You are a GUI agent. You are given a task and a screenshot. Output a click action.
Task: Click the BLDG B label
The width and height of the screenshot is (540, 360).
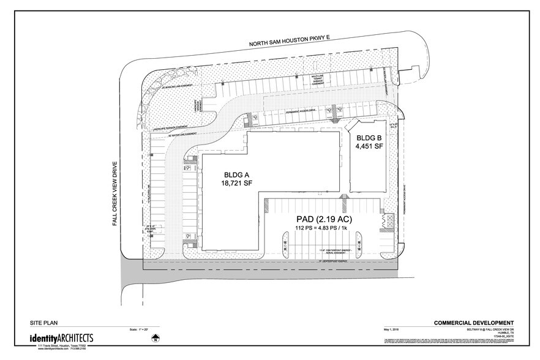point(369,138)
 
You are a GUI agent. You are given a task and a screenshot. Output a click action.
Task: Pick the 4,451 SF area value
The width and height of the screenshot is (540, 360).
point(369,148)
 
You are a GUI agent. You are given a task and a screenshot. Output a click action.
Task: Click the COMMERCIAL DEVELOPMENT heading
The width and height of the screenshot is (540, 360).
point(474,323)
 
